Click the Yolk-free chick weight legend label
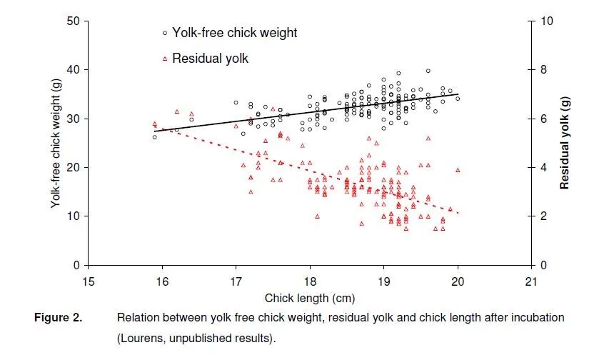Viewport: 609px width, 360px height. tap(234, 33)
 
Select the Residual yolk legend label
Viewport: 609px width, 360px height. tap(210, 59)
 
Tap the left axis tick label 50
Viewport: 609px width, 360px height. tap(72, 21)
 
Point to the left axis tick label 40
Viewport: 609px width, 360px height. tap(72, 70)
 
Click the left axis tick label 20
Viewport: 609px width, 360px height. tap(72, 167)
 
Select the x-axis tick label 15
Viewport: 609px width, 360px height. tap(89, 280)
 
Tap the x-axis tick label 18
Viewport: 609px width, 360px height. tap(309, 280)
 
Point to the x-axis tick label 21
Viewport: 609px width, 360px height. tap(530, 280)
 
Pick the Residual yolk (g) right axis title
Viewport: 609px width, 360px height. tap(565, 143)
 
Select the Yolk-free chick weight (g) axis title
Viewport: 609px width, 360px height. tap(55, 143)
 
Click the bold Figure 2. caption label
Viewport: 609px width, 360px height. tap(59, 318)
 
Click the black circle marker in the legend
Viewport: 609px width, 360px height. tap(164, 33)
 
